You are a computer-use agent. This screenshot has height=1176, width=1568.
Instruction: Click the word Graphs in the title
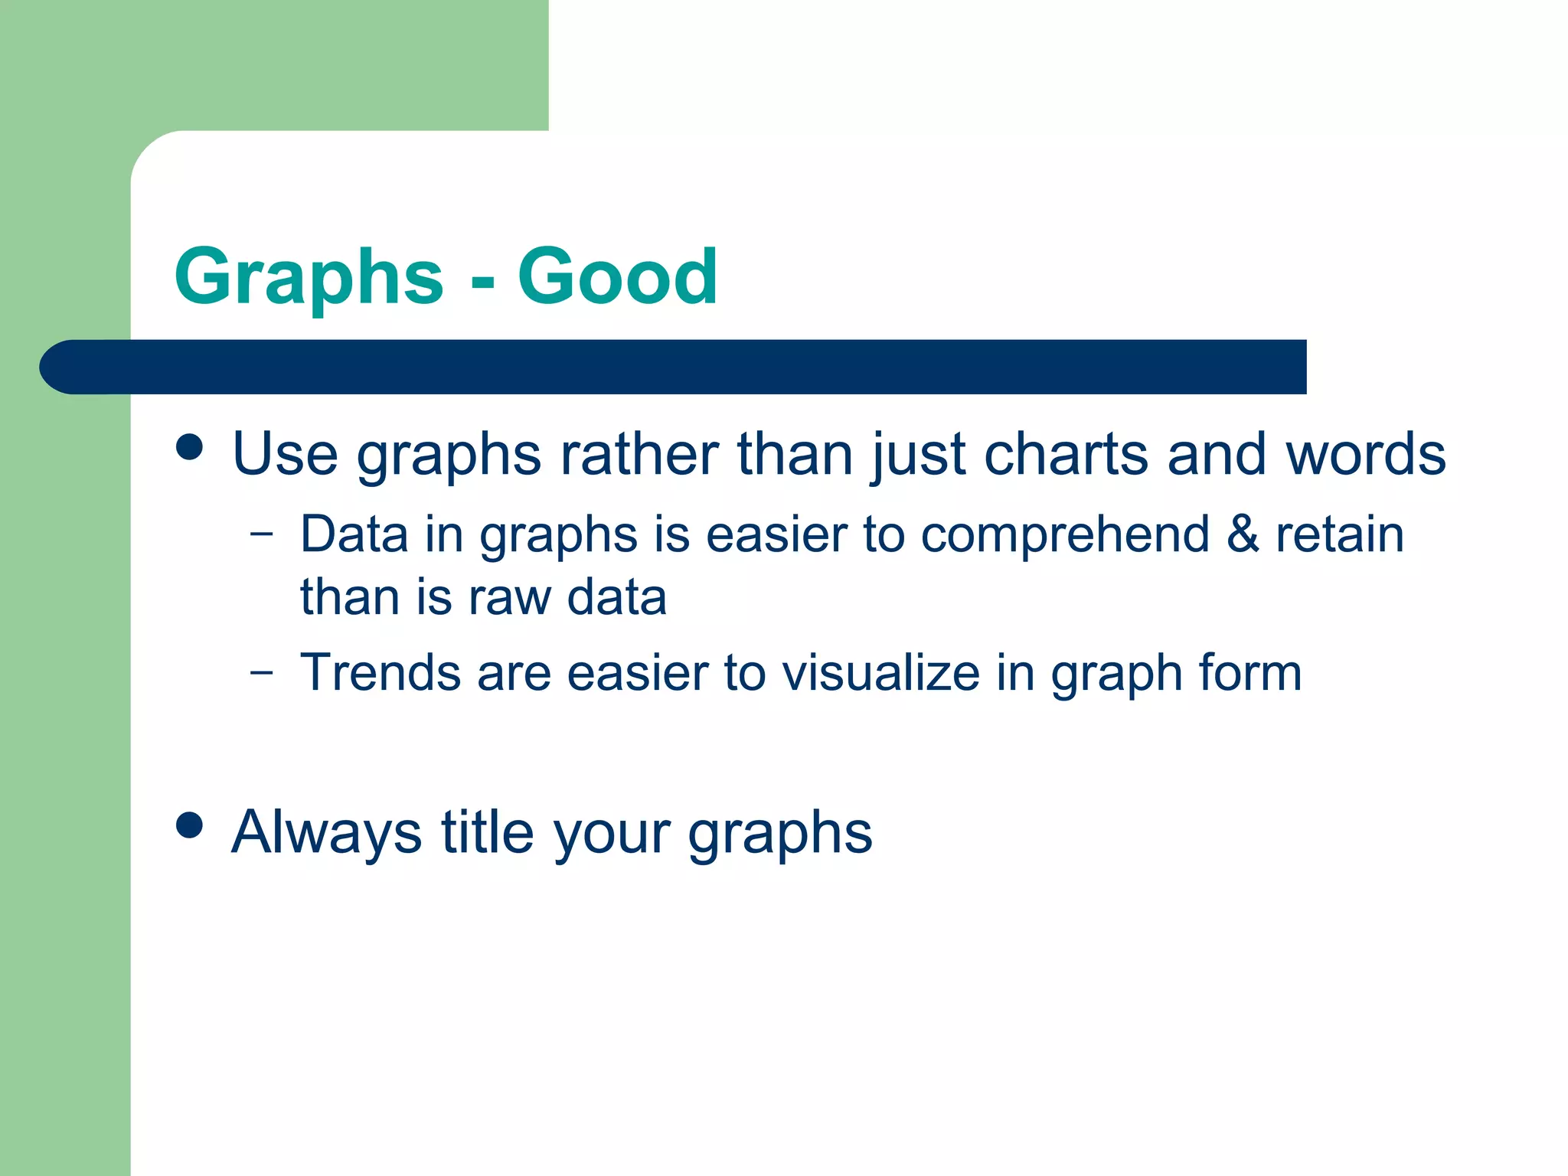309,277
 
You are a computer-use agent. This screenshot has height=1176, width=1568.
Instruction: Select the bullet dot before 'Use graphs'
189,446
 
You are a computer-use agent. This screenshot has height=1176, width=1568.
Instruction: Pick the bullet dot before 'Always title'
189,825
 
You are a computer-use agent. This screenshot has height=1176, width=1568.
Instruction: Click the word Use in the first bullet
285,453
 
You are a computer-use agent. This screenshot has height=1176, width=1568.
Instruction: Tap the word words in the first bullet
1365,453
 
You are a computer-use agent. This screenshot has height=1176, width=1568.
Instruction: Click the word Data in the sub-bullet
354,534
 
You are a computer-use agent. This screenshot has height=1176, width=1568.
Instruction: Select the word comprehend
1065,535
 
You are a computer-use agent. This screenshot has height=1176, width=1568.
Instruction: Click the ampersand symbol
1243,534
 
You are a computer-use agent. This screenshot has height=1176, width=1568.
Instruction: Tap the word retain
1340,534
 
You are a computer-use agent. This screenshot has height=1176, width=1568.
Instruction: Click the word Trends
380,673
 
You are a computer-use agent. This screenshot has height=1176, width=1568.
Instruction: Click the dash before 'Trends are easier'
261,673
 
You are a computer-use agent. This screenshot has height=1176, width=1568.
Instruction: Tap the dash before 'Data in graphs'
261,534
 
